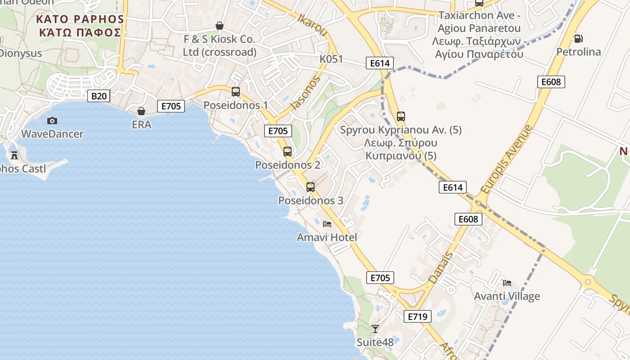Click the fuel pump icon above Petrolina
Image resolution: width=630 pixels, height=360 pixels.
[x=578, y=39]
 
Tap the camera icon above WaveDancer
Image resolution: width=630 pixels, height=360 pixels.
[x=52, y=121]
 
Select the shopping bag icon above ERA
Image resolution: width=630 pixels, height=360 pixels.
[x=141, y=111]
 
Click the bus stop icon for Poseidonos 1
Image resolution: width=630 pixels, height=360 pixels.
[x=235, y=92]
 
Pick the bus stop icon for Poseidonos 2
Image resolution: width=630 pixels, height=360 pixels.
[x=288, y=152]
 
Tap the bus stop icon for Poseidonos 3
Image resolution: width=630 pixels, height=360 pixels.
[x=310, y=187]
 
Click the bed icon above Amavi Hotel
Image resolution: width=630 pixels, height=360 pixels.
[x=327, y=224]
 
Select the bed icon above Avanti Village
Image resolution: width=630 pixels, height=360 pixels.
[x=507, y=283]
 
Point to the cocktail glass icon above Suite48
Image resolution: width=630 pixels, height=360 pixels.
[x=375, y=328]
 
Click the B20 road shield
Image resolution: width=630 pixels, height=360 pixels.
[x=99, y=96]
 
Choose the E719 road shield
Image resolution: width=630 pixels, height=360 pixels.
[x=417, y=316]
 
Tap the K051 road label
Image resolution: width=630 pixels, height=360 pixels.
[x=331, y=59]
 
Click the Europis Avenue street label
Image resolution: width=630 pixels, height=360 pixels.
[x=506, y=159]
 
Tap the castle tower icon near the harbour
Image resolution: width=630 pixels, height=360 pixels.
[x=14, y=155]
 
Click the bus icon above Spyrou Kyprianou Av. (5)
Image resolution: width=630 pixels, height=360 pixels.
[x=401, y=117]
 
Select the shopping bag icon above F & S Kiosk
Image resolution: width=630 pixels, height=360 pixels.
[x=220, y=26]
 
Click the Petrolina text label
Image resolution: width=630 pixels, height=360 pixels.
[x=579, y=52]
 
